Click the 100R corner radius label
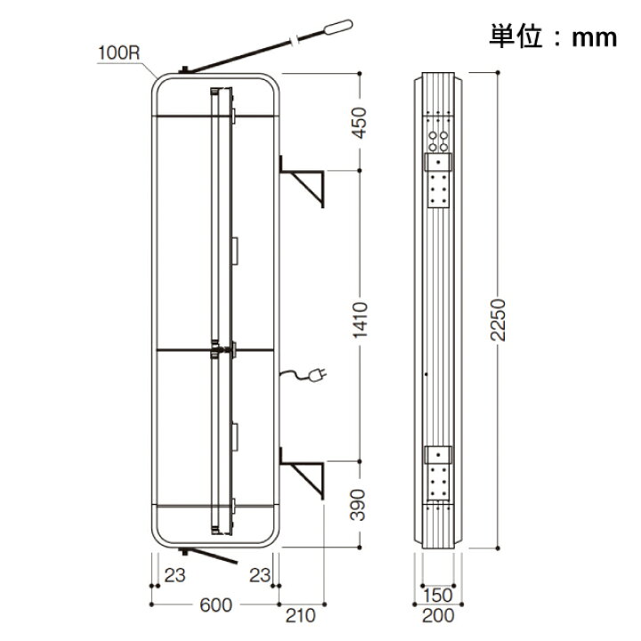click(119, 53)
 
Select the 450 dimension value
click(360, 123)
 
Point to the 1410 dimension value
click(360, 320)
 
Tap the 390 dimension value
click(358, 505)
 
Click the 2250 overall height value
click(498, 320)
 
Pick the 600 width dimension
click(215, 605)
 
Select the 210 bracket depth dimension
click(301, 615)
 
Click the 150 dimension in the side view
click(438, 596)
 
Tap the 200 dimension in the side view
click(438, 615)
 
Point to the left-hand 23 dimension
click(175, 575)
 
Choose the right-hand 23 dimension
click(260, 575)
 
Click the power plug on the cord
click(318, 375)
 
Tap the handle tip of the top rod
click(338, 26)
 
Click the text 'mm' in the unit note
click(595, 37)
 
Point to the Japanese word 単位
click(515, 37)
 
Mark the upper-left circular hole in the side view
click(433, 135)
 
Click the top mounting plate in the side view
click(439, 180)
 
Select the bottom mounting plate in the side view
click(439, 473)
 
